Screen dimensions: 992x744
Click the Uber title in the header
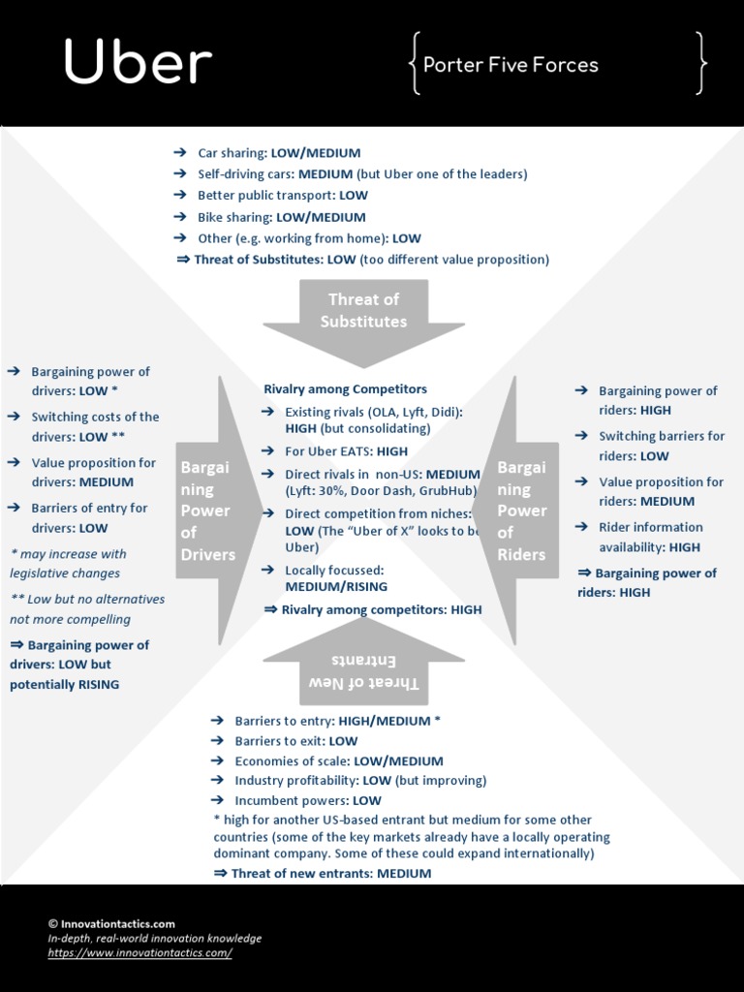tap(138, 63)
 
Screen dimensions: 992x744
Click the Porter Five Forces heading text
tap(511, 65)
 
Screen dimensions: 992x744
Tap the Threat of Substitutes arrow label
tap(363, 310)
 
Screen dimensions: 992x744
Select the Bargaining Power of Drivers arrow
tap(207, 511)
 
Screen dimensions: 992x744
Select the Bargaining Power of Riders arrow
tap(522, 511)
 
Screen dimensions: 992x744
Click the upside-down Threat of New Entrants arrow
tap(363, 671)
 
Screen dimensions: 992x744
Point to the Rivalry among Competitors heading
tap(345, 388)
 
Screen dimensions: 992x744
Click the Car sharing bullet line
tap(278, 153)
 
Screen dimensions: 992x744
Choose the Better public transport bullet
tap(282, 196)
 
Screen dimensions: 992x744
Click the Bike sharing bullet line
tap(281, 217)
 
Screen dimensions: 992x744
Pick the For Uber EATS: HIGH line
tap(346, 450)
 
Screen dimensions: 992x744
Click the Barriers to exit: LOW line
tap(295, 741)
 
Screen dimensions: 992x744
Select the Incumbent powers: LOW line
tap(307, 800)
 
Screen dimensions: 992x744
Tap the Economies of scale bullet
tap(338, 761)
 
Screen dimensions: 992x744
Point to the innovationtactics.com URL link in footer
tap(140, 953)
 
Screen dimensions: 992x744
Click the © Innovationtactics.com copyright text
tap(111, 924)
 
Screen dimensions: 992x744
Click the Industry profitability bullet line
tap(359, 781)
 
